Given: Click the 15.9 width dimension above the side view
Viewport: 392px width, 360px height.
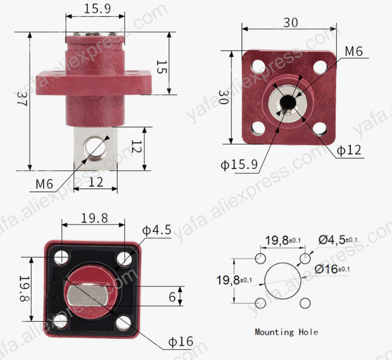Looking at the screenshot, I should click(x=94, y=9).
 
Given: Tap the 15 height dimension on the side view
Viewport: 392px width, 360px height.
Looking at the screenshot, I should click(x=161, y=67).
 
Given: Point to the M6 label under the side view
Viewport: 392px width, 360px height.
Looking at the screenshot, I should click(x=44, y=184).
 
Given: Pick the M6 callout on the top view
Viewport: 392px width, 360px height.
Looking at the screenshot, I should click(x=353, y=51).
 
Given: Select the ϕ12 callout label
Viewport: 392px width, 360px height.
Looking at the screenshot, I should click(x=348, y=150).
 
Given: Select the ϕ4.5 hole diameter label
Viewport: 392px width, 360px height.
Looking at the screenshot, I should click(x=157, y=230).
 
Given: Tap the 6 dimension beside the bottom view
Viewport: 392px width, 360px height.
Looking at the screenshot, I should click(x=172, y=297).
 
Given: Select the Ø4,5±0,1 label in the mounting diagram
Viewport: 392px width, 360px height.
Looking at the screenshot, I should click(x=338, y=240).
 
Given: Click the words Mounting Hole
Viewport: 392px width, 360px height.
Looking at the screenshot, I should click(x=286, y=332).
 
